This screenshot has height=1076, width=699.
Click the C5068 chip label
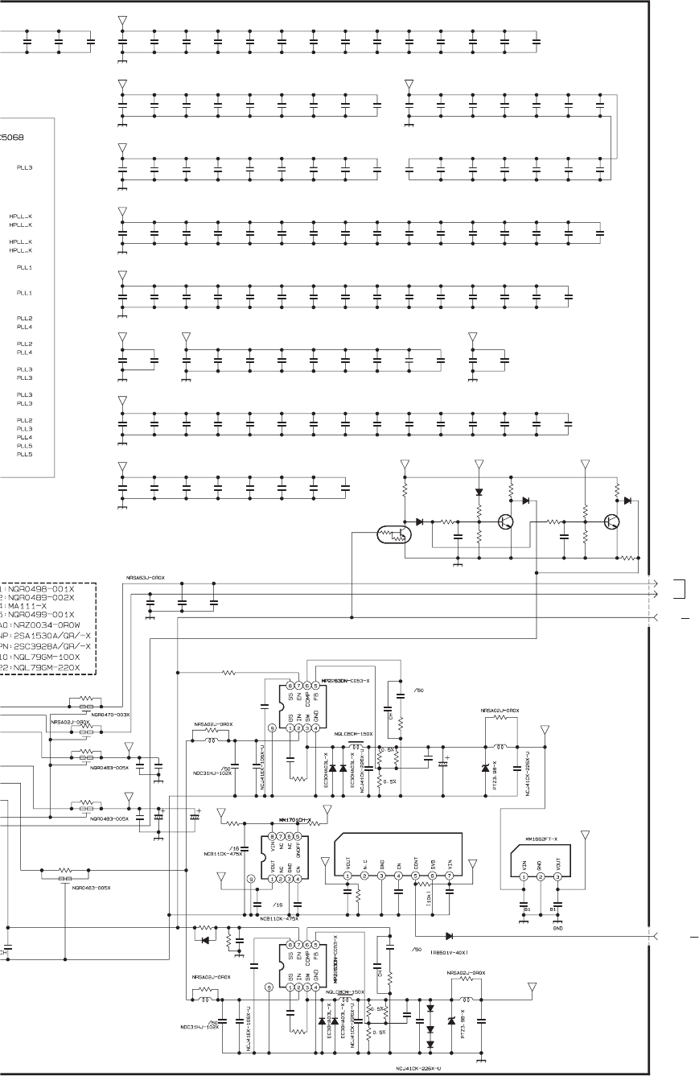click(x=11, y=137)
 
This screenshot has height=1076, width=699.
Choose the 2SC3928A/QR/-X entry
click(x=52, y=645)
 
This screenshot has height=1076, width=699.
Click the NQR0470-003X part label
click(x=110, y=714)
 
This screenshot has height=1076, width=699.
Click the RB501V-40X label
click(x=450, y=950)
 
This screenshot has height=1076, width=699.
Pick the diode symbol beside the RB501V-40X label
click(x=449, y=936)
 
